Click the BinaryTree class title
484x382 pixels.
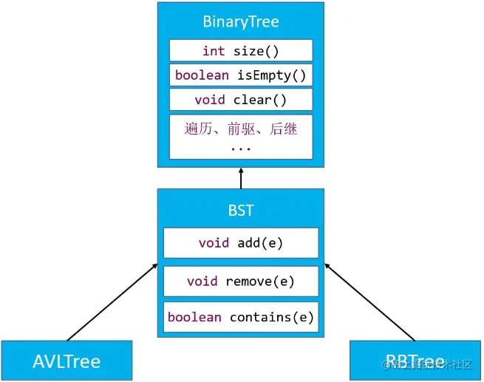coord(241,21)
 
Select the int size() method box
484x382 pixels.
coord(241,50)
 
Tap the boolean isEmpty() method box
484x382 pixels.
coord(241,75)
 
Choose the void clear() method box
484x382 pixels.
coord(241,100)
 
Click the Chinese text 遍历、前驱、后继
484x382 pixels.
coord(241,129)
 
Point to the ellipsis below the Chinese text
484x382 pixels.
coord(241,146)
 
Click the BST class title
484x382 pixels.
coord(241,211)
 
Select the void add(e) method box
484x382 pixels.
coord(241,242)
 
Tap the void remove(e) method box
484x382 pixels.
coord(241,281)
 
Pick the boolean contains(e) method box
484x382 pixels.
coord(241,317)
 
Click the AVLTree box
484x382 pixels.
coord(67,361)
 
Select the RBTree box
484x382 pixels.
coord(414,361)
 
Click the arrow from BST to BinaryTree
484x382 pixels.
coord(241,178)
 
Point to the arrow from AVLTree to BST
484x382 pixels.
coord(111,301)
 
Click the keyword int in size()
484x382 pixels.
coord(214,50)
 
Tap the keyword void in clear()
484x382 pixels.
coord(210,100)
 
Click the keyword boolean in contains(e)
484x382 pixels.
coord(194,317)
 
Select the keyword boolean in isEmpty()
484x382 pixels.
coord(202,75)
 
